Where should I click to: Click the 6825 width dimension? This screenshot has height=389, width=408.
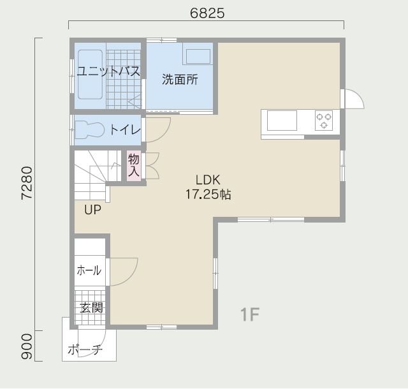click(x=207, y=13)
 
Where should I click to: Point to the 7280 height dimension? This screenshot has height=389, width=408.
click(x=27, y=183)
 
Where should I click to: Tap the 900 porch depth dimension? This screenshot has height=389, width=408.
click(x=27, y=346)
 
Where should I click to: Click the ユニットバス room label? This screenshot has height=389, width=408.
click(x=108, y=71)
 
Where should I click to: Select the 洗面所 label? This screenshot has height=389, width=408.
click(x=180, y=80)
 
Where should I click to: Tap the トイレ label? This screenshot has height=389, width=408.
click(x=125, y=129)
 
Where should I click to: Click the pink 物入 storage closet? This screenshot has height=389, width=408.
click(x=134, y=166)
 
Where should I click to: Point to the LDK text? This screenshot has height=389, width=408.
click(x=208, y=180)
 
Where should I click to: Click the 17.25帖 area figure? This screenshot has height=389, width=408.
click(x=208, y=194)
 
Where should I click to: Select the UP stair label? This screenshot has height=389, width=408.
click(x=93, y=210)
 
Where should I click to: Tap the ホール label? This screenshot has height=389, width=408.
click(x=89, y=270)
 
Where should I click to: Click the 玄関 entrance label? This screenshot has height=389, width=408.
click(x=91, y=308)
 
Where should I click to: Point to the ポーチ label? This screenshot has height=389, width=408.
click(x=85, y=349)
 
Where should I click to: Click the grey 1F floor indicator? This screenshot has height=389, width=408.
click(x=250, y=314)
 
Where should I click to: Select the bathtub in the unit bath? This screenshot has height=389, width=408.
click(x=90, y=75)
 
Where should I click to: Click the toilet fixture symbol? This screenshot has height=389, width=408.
click(x=90, y=129)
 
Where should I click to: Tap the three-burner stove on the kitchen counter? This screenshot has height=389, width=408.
click(x=324, y=121)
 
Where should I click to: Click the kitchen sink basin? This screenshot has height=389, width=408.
click(x=282, y=121)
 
